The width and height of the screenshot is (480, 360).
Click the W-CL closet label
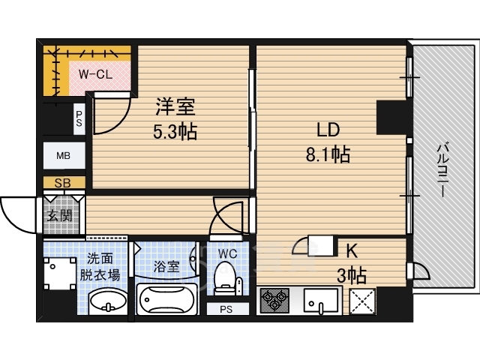(x=95, y=74)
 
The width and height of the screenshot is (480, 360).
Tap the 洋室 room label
(x=175, y=107)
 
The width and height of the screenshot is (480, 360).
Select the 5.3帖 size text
(x=175, y=132)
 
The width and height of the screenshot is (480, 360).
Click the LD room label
(x=328, y=130)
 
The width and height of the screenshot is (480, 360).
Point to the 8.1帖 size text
(x=328, y=154)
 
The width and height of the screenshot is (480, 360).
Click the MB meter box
(x=64, y=155)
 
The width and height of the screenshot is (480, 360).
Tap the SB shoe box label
(x=63, y=183)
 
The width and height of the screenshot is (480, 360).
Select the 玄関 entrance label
(x=60, y=216)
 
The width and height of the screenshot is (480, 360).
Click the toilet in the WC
(x=227, y=278)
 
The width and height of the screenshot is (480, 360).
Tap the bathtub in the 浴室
(x=166, y=299)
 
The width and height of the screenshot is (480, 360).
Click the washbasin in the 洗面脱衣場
(x=108, y=301)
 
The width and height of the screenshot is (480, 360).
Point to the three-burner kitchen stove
(x=274, y=301)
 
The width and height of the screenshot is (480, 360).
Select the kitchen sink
(x=321, y=301)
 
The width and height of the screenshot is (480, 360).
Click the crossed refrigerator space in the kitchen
(x=362, y=301)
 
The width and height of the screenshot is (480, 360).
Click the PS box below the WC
(x=227, y=309)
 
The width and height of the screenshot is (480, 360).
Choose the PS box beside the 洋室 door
(x=79, y=118)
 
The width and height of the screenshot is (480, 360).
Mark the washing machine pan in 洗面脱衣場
(x=60, y=273)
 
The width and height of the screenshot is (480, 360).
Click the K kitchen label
(x=352, y=251)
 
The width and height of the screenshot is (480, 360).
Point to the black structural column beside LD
(x=392, y=117)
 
